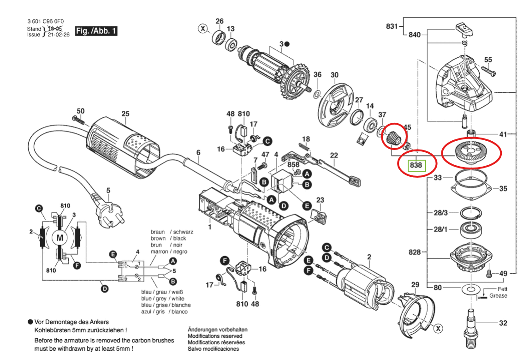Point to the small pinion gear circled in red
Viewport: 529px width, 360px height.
pos(395,138)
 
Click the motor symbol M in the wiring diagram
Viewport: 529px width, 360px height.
pos(59,238)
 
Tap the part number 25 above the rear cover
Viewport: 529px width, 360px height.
pos(125,114)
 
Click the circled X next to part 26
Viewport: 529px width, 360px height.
pos(202,29)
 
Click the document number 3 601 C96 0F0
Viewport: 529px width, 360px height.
pos(45,21)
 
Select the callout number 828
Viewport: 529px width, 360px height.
pos(415,252)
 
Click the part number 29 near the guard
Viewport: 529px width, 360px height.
pos(415,284)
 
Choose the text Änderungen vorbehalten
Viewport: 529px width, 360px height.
pos(217,330)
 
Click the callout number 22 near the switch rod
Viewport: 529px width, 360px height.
pos(334,156)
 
